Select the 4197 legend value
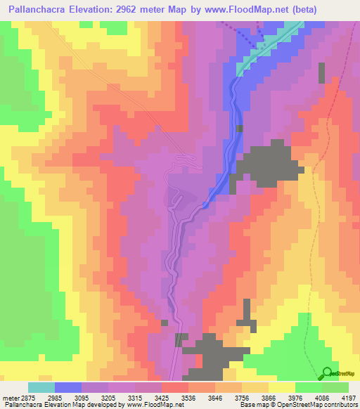tap(349, 398)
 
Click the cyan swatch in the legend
tap(41, 387)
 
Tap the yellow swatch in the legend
tap(281, 387)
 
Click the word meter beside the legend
tap(8, 398)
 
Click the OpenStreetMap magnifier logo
tap(327, 373)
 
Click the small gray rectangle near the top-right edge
tap(322, 74)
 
